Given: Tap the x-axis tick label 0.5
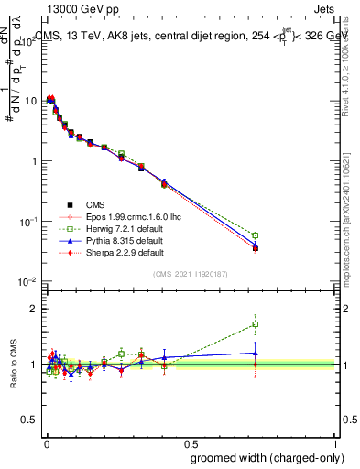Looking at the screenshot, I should pyautogui.click(x=191, y=443).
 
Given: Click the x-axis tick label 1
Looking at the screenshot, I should pyautogui.click(x=335, y=443).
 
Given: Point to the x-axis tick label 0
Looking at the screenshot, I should pyautogui.click(x=46, y=443).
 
